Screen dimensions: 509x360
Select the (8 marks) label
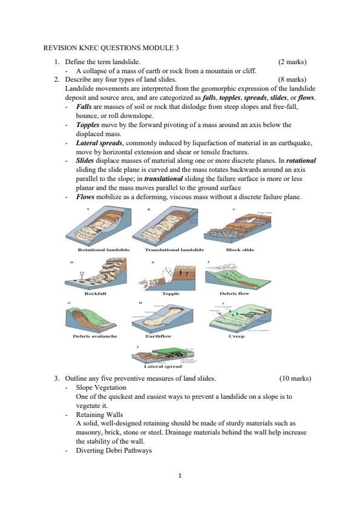pos(292,79)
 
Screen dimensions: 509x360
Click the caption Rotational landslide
pos(100,249)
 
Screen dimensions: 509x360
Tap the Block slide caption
pos(240,249)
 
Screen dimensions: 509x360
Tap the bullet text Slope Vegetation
pos(101,387)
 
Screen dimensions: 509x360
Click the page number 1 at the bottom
pos(180,475)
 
